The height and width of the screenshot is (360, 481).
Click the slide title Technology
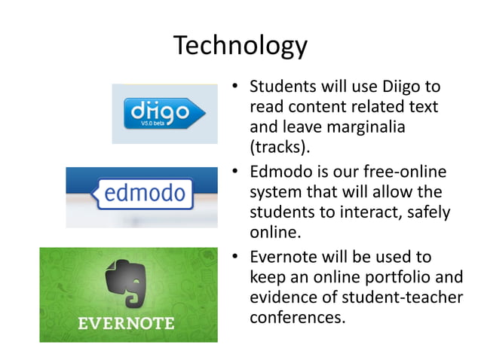tap(240, 46)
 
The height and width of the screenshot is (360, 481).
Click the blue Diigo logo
tap(158, 114)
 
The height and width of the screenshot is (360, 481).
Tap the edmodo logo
tap(143, 194)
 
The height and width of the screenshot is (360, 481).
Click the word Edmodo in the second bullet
tap(282, 173)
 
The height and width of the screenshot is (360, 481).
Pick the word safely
tap(427, 212)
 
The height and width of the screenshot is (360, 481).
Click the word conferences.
tap(297, 317)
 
